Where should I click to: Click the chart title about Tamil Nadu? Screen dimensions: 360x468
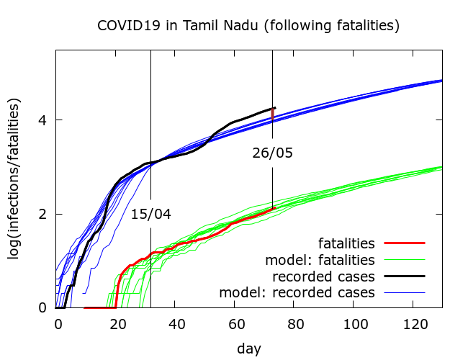pyautogui.click(x=248, y=26)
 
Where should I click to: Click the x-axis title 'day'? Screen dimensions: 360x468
pyautogui.click(x=248, y=348)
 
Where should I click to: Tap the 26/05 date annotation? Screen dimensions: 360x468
pyautogui.click(x=273, y=153)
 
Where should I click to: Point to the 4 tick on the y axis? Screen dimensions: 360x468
pyautogui.click(x=43, y=120)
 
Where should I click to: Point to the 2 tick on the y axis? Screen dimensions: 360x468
pyautogui.click(x=43, y=214)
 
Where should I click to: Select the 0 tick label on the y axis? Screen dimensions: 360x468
pyautogui.click(x=43, y=308)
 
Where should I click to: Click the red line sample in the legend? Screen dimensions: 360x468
pyautogui.click(x=404, y=243)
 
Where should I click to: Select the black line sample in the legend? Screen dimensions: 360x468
pyautogui.click(x=404, y=276)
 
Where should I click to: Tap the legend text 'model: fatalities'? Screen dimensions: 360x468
pyautogui.click(x=320, y=259)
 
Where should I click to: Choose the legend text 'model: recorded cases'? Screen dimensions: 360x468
pyautogui.click(x=297, y=292)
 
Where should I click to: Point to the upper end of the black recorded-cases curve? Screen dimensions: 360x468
pyautogui.click(x=273, y=108)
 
